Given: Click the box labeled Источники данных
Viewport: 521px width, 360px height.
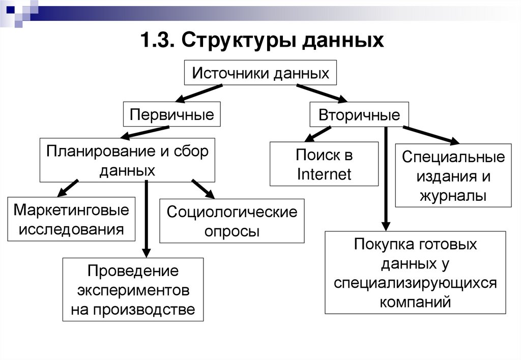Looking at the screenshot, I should coord(260,74).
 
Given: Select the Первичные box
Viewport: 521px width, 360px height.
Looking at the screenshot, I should coord(171,114).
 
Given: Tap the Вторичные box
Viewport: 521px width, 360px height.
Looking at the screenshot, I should coord(359,114).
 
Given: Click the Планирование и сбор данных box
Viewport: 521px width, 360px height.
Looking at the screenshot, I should coord(127,160).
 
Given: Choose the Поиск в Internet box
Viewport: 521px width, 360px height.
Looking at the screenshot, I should coord(324,164).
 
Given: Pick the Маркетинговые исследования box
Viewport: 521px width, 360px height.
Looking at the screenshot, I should coord(71,219).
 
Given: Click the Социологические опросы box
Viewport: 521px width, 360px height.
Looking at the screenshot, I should coord(232,221).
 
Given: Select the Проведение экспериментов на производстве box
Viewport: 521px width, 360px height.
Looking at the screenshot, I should coord(133,289).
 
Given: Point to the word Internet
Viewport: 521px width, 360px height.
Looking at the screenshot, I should coord(324,174).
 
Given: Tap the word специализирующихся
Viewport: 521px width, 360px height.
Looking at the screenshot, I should coord(415,283).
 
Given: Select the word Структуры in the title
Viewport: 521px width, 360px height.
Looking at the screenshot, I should coord(239,40).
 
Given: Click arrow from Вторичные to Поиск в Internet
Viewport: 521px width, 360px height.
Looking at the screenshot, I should coord(317,134).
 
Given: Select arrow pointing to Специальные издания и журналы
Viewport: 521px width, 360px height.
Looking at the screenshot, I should coord(430,135).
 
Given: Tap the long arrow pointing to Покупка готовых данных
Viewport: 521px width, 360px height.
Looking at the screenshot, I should coord(386,178).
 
